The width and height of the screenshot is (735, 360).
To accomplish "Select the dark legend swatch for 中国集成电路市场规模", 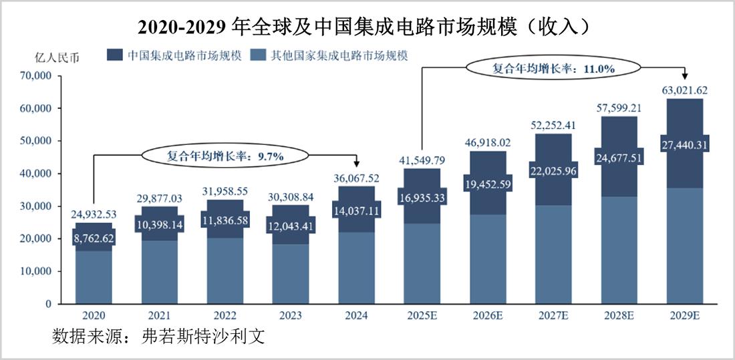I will click(115, 55).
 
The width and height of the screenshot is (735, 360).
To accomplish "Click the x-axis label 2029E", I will click(684, 315).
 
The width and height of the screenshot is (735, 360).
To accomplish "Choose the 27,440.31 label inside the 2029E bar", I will click(684, 144).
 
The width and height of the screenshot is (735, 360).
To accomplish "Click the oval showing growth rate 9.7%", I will click(225, 156).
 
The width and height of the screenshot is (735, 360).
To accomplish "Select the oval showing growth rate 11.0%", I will click(553, 67).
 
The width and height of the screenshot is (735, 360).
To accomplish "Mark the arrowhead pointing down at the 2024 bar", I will click(356, 164).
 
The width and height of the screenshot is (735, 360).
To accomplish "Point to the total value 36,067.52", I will click(356, 178).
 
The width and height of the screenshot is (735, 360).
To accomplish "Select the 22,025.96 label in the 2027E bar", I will click(553, 170).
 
